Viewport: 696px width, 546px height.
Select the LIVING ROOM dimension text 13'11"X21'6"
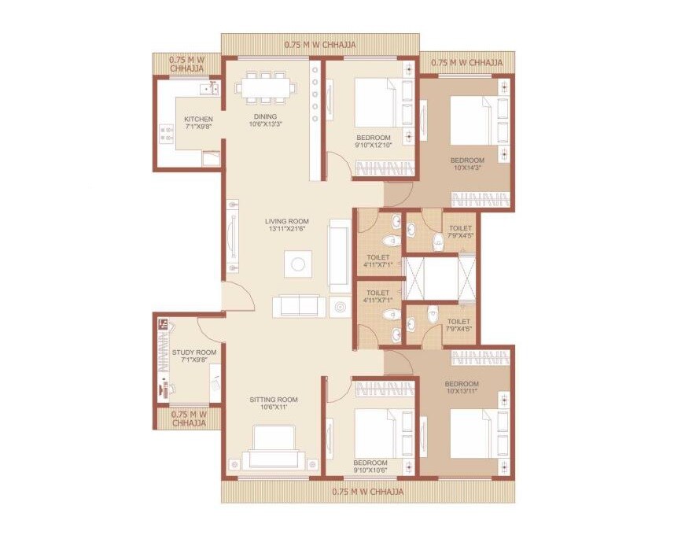coord(287,230)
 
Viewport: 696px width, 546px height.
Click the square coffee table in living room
coord(298,264)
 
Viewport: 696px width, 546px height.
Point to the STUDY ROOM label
coord(193,352)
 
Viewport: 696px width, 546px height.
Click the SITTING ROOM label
coord(274,400)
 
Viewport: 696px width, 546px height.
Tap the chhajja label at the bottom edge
coord(368,492)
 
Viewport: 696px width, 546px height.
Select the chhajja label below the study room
coord(189,418)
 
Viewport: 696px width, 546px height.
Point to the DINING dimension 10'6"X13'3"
coord(265,125)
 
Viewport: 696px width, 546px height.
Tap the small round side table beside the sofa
coord(341,307)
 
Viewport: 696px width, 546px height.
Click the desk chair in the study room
coord(166,386)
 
